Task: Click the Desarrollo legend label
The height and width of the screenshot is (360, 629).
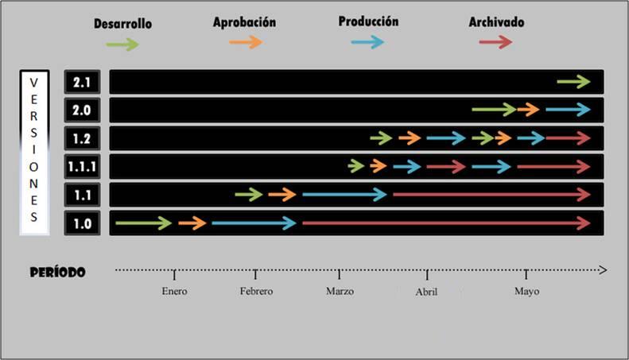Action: pyautogui.click(x=122, y=24)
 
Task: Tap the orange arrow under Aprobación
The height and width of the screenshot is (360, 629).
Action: pyautogui.click(x=246, y=42)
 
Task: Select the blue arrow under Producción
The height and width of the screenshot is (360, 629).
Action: pyautogui.click(x=367, y=42)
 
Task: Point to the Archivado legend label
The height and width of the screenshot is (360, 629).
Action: pyautogui.click(x=496, y=22)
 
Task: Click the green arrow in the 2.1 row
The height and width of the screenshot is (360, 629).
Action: pyautogui.click(x=573, y=81)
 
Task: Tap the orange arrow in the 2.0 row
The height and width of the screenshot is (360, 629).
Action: pyautogui.click(x=528, y=110)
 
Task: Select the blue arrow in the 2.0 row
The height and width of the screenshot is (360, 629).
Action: pyautogui.click(x=568, y=110)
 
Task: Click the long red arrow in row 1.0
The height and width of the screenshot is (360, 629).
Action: pyautogui.click(x=446, y=223)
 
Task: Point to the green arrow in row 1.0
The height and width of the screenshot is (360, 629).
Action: pyautogui.click(x=143, y=223)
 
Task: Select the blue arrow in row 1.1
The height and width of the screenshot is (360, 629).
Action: pyautogui.click(x=344, y=195)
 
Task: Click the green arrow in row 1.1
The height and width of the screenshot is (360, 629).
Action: pyautogui.click(x=249, y=195)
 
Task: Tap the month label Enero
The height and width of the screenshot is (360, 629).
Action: pyautogui.click(x=174, y=292)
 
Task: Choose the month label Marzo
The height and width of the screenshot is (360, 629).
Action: pyautogui.click(x=340, y=292)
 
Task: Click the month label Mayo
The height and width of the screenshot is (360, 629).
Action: pyautogui.click(x=526, y=292)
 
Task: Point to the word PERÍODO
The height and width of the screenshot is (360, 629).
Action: pyautogui.click(x=57, y=272)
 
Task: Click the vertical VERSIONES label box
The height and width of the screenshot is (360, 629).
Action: pyautogui.click(x=34, y=152)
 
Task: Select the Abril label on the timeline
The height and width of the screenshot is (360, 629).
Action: pyautogui.click(x=426, y=292)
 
